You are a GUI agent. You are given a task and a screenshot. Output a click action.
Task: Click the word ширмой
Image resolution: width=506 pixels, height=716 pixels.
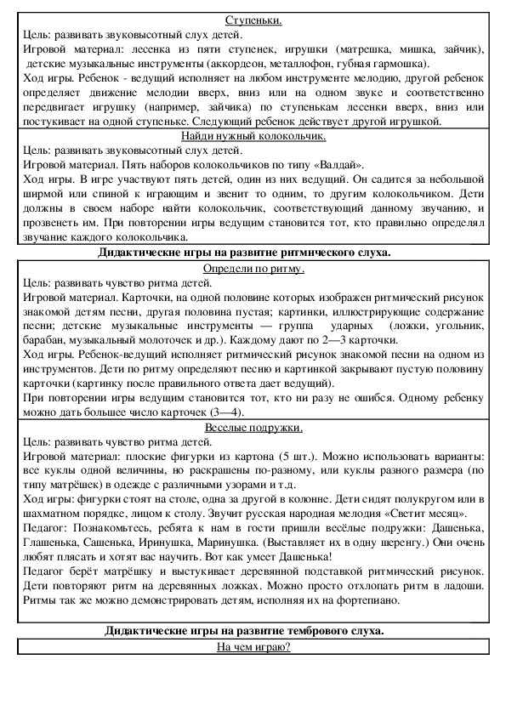(x=39, y=195)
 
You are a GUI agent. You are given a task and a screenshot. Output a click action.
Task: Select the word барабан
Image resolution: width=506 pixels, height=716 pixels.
(x=41, y=340)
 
